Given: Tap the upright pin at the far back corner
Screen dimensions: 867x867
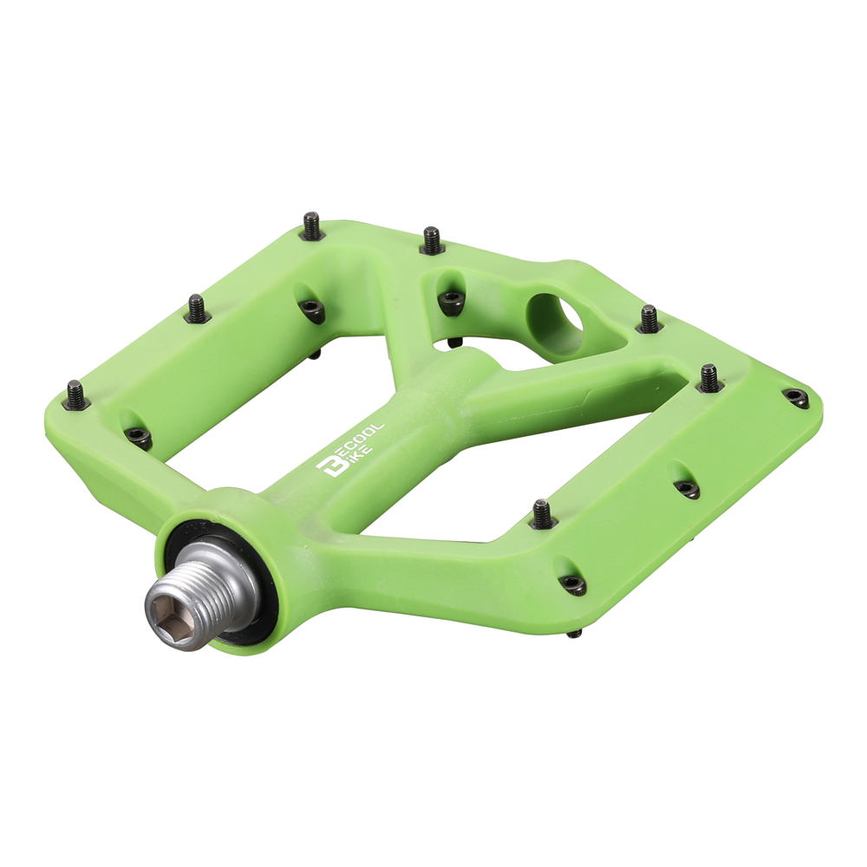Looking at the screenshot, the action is (x=312, y=225).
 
